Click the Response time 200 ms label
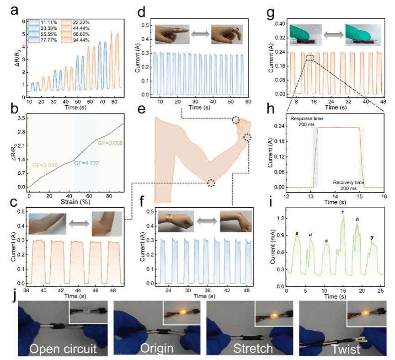coord(307,121)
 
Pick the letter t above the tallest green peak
coord(343,212)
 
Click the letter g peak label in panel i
coord(372,237)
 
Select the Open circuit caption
coord(64,349)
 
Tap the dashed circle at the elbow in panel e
coord(211,183)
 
